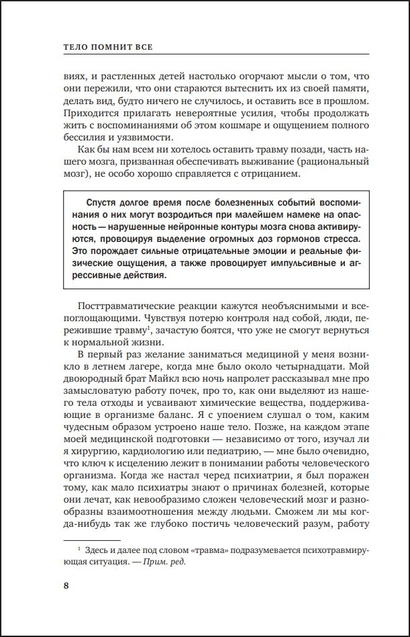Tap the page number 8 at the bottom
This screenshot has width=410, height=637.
click(65, 584)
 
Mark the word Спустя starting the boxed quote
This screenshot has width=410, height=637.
click(103, 204)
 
